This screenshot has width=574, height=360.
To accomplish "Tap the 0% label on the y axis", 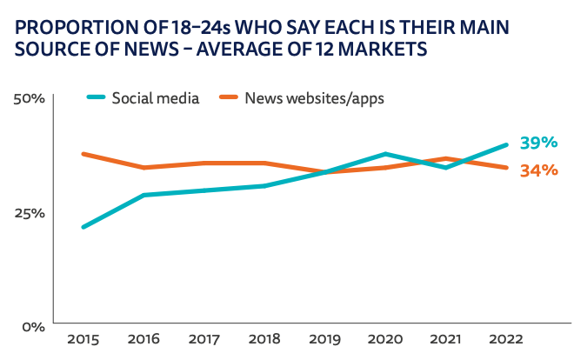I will pos(33,327).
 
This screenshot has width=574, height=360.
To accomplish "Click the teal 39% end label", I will pos(538,143).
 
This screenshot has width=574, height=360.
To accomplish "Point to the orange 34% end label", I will pos(538,170).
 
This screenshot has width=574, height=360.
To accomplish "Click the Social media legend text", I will pos(156,97).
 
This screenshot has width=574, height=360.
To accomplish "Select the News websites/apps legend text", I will pos(314,97).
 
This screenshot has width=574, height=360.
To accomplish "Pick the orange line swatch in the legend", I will pos(228,97).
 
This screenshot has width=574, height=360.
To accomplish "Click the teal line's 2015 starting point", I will pos(83,227).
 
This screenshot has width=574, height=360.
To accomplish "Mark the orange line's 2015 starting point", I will pos(83,154).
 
